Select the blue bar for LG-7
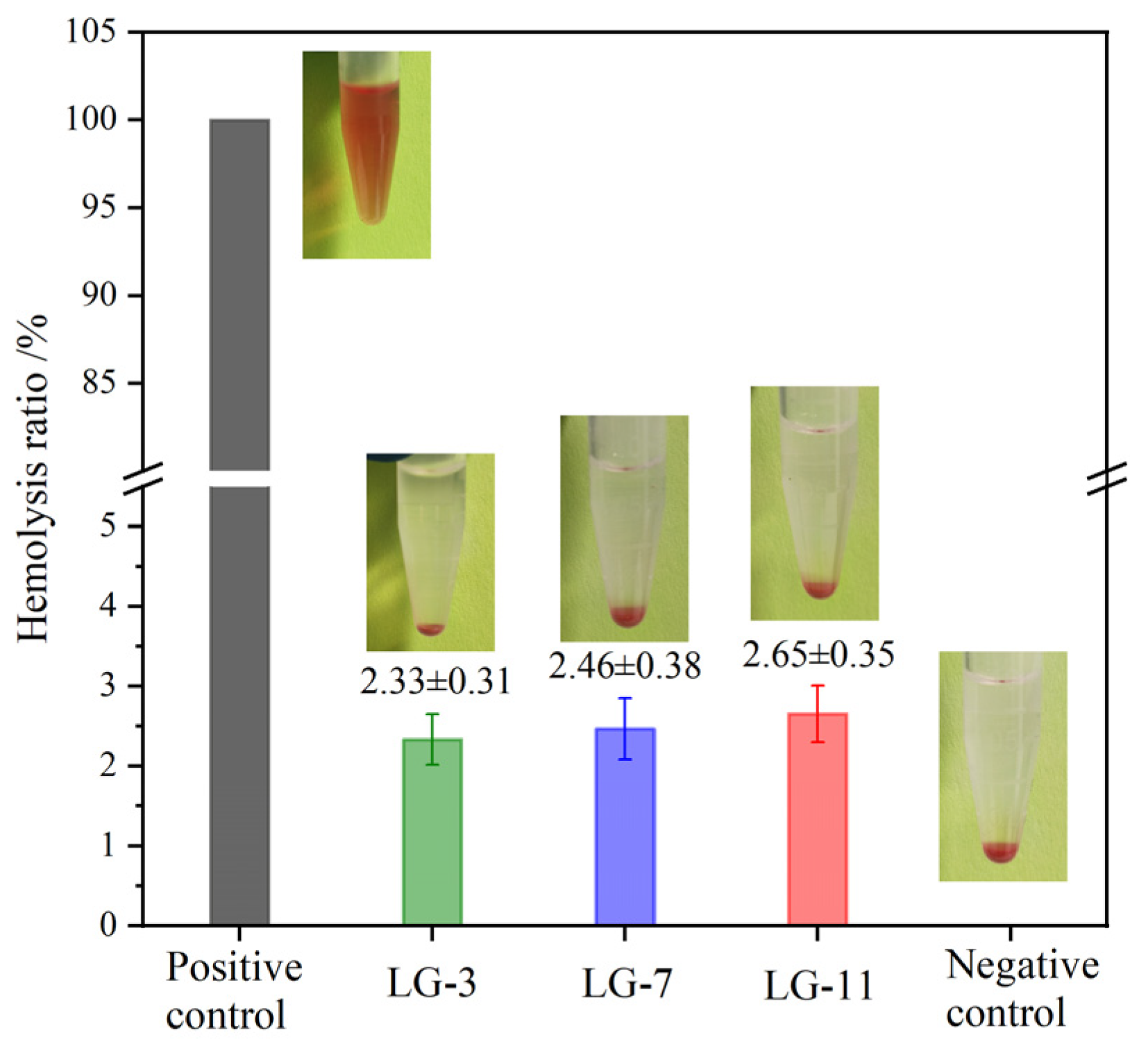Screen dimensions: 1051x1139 pos(625,826)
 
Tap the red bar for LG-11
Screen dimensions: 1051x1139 pos(817,819)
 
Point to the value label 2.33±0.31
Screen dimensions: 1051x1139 pos(435,682)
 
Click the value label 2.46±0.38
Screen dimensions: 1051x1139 pos(625,667)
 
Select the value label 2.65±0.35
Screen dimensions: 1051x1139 pos(818,655)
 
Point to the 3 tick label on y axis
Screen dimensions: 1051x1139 pos(108,686)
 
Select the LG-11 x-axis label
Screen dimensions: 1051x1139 pos(818,986)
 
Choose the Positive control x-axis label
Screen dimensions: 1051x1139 pos(234,990)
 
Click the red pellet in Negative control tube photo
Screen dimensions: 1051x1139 pos(1001,851)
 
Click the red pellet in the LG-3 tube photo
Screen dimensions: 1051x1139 pos(430,629)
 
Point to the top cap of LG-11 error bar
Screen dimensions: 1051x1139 pos(818,686)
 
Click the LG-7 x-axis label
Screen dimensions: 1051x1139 pos(625,984)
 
